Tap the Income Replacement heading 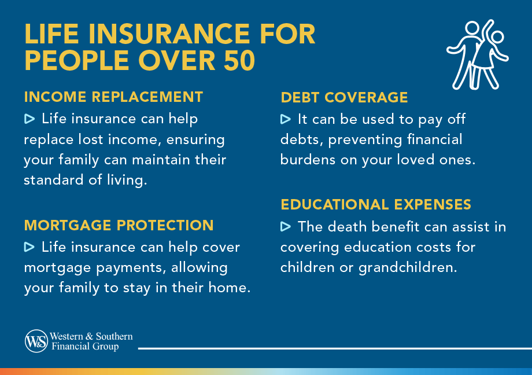[x=113, y=97]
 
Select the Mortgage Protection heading [x=119, y=225]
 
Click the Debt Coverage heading [x=344, y=97]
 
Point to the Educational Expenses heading [x=376, y=204]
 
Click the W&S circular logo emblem [x=36, y=341]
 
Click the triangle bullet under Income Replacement [x=29, y=119]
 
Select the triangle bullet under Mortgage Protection [x=29, y=247]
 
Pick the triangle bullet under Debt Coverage [x=285, y=119]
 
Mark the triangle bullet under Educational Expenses [x=285, y=226]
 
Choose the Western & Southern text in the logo [x=91, y=336]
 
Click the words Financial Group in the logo [x=84, y=347]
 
